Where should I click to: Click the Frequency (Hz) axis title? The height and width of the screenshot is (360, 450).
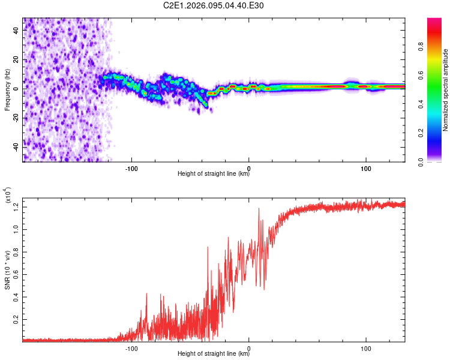[7, 89]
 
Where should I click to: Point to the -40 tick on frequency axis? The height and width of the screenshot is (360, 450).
[16, 147]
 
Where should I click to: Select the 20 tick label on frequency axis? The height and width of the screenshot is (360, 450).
[16, 59]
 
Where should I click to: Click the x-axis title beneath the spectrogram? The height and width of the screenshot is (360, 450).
[214, 174]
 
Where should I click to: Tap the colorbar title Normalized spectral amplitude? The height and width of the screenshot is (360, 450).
[445, 90]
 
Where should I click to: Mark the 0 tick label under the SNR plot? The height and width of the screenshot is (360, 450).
[248, 347]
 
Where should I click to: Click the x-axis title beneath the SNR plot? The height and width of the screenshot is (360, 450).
[214, 354]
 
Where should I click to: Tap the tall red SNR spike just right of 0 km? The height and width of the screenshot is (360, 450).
[259, 210]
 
